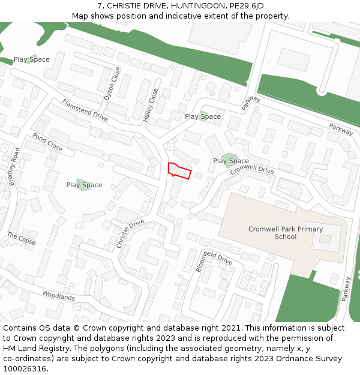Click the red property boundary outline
pyautogui.click(x=179, y=170)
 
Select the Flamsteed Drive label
pyautogui.click(x=85, y=110)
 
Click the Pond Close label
pyautogui.click(x=47, y=142)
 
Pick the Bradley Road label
pyautogui.click(x=15, y=166)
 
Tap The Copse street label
pyautogui.click(x=21, y=238)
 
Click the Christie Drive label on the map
pyautogui.click(x=130, y=234)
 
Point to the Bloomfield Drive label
pyautogui.click(x=214, y=259)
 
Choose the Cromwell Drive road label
pyautogui.click(x=252, y=170)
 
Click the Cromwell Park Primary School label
pyautogui.click(x=286, y=233)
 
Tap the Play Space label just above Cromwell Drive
pyautogui.click(x=231, y=161)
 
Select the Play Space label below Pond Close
pyautogui.click(x=84, y=185)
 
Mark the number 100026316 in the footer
pyautogui.click(x=25, y=368)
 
